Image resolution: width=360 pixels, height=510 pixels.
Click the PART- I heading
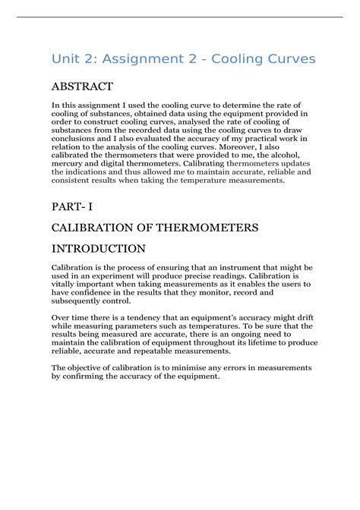[72, 206]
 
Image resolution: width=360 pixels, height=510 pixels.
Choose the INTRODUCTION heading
[98, 248]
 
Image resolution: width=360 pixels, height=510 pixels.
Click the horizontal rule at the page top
[180, 17]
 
